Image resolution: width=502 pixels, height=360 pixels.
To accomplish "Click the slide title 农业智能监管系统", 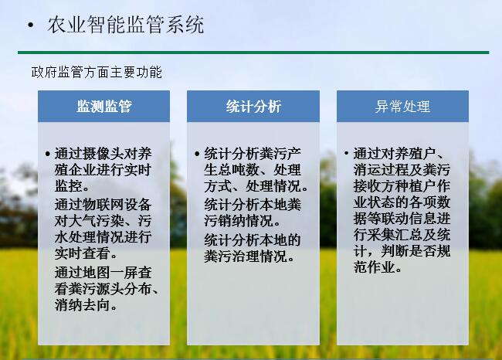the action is [125, 25].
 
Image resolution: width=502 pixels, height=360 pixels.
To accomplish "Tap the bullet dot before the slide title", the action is [31, 25].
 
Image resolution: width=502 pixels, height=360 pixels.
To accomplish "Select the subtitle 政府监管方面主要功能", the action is [97, 72].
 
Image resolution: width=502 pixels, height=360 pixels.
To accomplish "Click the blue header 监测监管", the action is [104, 106].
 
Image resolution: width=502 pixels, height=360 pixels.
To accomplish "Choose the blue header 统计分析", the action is [253, 106].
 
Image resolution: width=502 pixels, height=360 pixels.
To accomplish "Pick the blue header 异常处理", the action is [402, 107].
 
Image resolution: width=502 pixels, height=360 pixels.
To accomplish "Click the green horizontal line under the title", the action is [253, 53].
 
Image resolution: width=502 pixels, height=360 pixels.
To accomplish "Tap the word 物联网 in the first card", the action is [103, 205].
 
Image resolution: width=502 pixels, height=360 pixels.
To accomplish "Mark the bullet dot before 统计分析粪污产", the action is [197, 154].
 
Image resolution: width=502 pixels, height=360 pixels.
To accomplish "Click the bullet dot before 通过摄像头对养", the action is [48, 154].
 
